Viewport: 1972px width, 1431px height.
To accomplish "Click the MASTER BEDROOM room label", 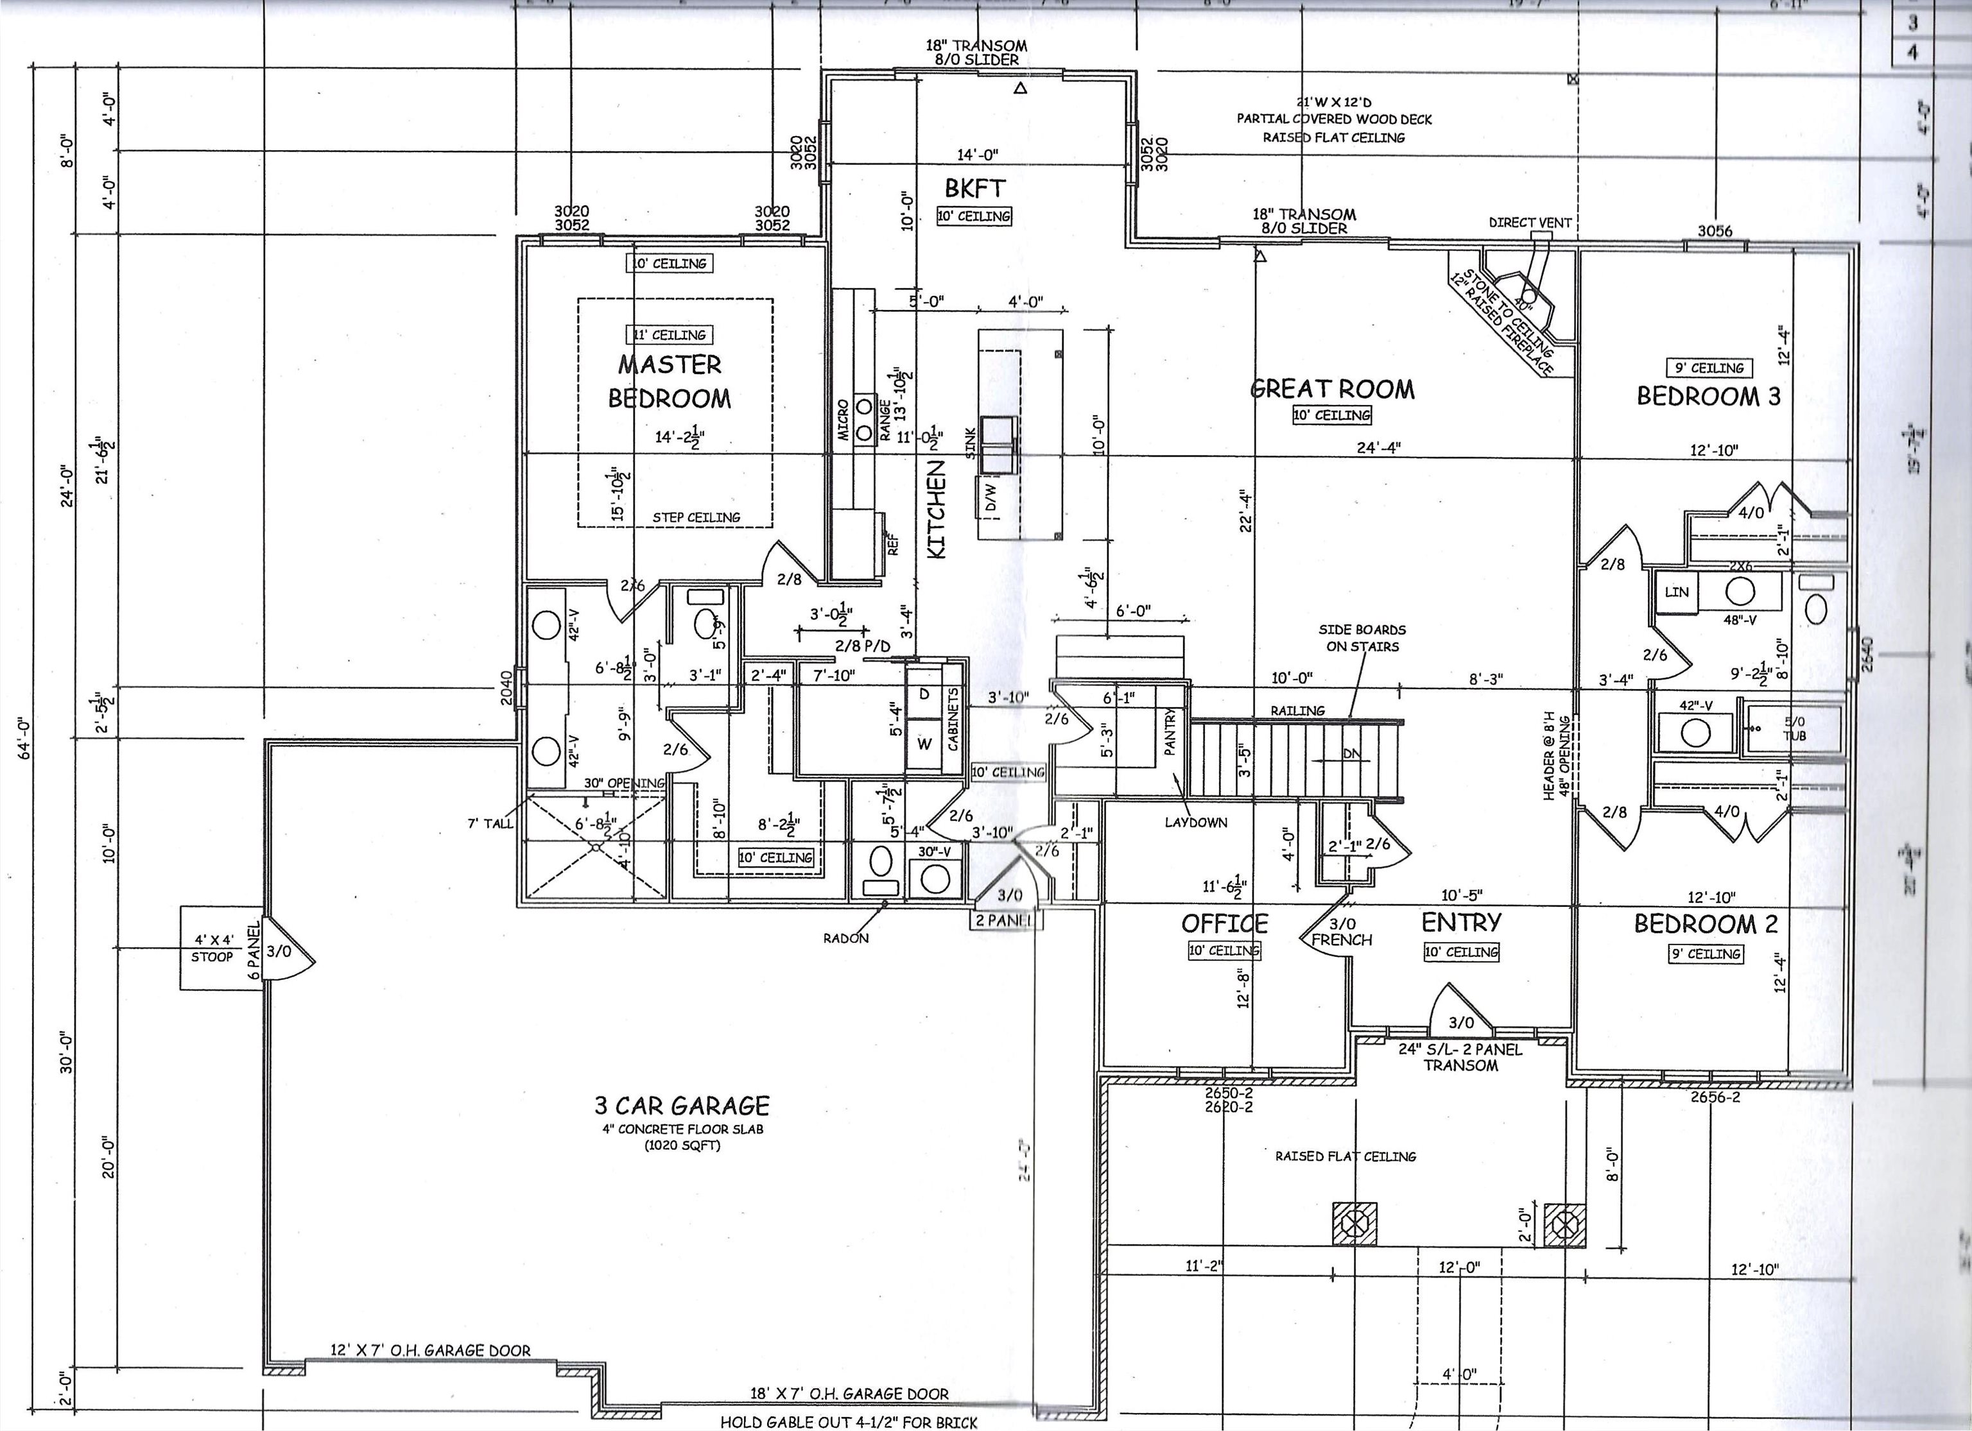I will pos(670,381).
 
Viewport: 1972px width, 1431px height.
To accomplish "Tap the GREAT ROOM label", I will pos(1332,389).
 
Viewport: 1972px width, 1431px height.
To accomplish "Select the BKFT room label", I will pos(974,188).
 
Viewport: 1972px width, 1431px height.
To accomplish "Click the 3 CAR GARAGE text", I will pos(682,1106).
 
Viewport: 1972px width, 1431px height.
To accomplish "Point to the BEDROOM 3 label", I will pos(1708,397).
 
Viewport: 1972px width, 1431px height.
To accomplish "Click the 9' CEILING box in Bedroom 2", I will pos(1705,954).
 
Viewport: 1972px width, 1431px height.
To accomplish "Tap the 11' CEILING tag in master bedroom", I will pos(669,335).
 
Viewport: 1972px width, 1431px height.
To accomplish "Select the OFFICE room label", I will pos(1224,923).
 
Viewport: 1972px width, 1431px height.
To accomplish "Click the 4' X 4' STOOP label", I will pos(212,948).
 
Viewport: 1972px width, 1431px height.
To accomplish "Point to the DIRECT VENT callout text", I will pos(1530,223).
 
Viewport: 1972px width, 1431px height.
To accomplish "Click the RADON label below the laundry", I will pos(845,938).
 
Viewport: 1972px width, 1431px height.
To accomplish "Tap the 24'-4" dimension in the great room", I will pos(1379,448).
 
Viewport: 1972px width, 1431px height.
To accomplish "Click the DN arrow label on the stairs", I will pos(1351,754).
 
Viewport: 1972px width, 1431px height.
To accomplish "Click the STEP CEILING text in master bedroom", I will pos(696,517).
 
